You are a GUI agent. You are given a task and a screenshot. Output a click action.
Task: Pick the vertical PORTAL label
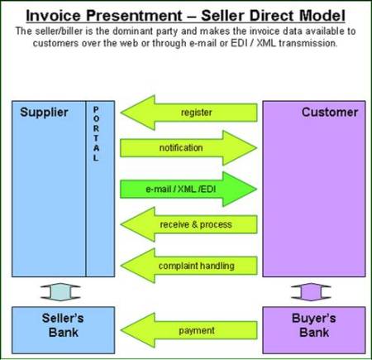pyautogui.click(x=96, y=133)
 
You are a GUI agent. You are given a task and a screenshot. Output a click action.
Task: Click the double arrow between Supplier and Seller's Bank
pyautogui.click(x=63, y=291)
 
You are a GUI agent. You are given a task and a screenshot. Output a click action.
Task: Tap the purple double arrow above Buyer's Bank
pyautogui.click(x=313, y=291)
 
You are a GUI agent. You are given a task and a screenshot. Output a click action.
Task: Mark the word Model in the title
pyautogui.click(x=319, y=15)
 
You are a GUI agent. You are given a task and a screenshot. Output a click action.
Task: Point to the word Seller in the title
pyautogui.click(x=234, y=15)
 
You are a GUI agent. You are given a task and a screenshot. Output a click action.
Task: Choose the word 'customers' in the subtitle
pyautogui.click(x=57, y=42)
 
